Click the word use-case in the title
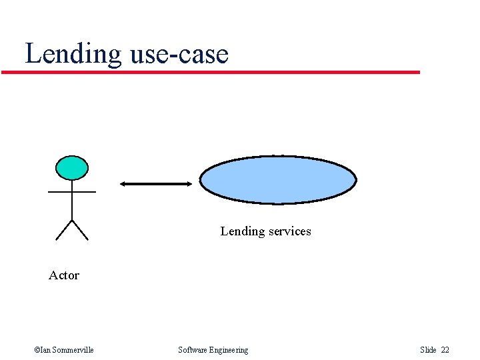(179, 53)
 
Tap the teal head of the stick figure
(72, 168)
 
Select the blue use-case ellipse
(278, 179)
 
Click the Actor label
(64, 275)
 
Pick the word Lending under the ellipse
(243, 231)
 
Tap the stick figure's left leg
(64, 229)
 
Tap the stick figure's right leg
(80, 229)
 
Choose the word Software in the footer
(193, 350)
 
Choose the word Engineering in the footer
(229, 350)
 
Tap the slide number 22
(445, 350)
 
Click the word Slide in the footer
(428, 350)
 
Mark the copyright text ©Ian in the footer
(41, 350)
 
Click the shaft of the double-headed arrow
(156, 183)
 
